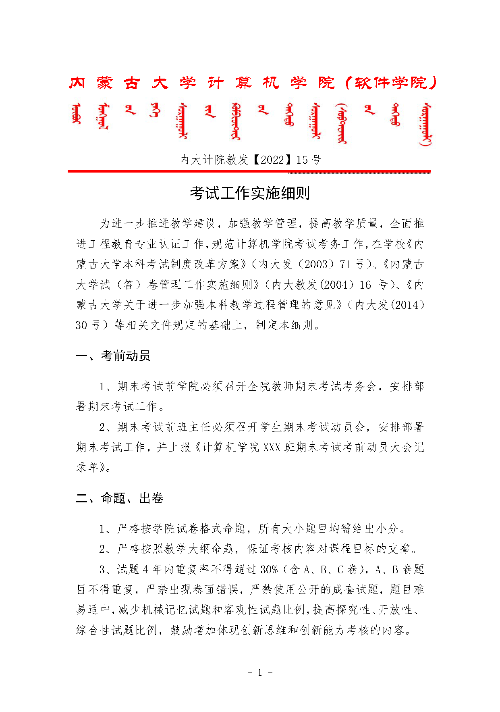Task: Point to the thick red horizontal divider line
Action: click(249, 171)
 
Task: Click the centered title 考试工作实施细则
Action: click(250, 194)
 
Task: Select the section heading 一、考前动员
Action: click(113, 356)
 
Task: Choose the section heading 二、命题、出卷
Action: click(120, 498)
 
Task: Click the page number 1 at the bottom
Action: click(260, 672)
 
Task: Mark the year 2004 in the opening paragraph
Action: click(336, 285)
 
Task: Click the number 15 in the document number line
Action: click(302, 160)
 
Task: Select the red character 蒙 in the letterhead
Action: click(104, 83)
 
